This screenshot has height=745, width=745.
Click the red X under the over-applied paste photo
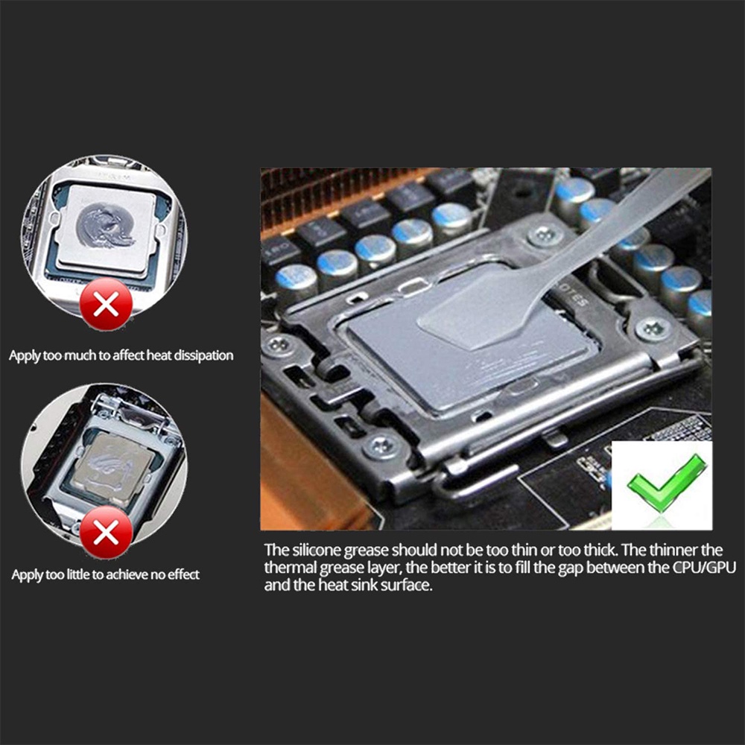pos(106,303)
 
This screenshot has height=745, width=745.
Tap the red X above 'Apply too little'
pos(107,533)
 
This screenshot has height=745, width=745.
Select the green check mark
pos(665,483)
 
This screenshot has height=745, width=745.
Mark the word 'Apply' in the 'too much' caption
pos(24,355)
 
